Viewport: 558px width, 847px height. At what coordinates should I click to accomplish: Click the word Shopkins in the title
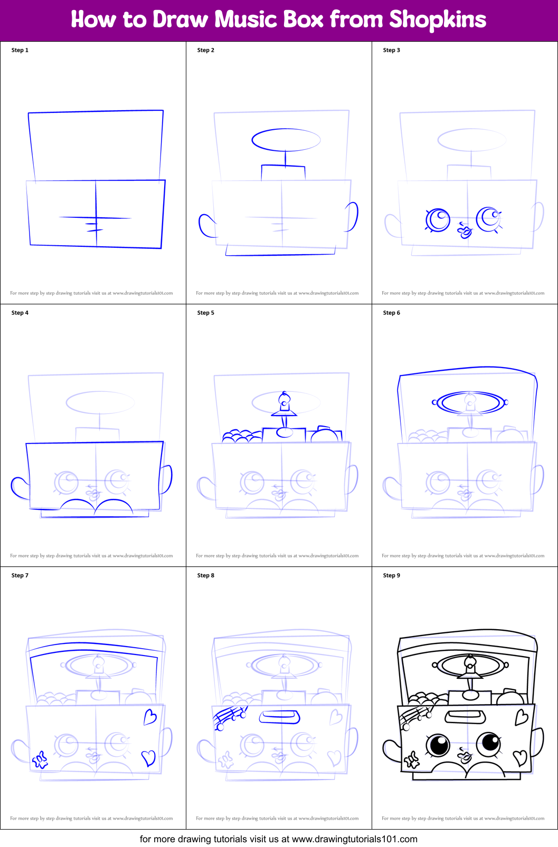[x=437, y=20]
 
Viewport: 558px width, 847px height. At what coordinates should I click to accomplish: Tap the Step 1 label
[x=20, y=50]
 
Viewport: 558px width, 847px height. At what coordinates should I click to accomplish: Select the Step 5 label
[x=205, y=313]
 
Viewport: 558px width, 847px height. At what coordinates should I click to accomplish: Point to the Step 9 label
[x=391, y=575]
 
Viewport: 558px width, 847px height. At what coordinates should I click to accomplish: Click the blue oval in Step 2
[x=286, y=140]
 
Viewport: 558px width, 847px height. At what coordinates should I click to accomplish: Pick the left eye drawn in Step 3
[x=438, y=220]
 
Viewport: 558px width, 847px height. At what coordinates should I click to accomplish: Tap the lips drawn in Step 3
[x=465, y=230]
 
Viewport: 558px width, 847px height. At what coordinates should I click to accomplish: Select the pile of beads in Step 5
[x=240, y=436]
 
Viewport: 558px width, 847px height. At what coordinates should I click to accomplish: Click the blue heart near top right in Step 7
[x=150, y=717]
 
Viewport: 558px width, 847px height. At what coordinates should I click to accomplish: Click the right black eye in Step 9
[x=489, y=744]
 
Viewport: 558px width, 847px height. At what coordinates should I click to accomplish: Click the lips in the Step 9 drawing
[x=465, y=756]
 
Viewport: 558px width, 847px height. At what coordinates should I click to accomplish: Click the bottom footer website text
[x=279, y=839]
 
